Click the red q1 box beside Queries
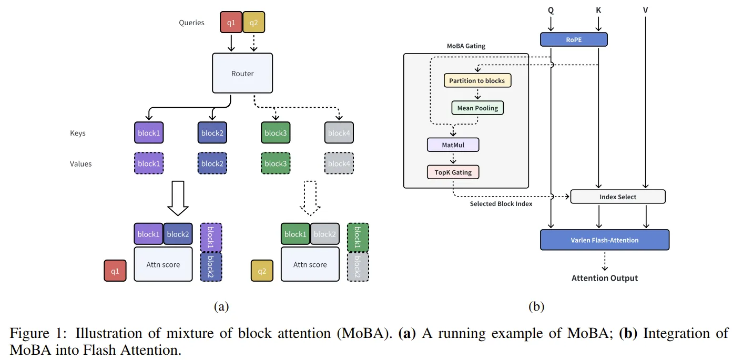231,23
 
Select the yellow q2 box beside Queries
254,23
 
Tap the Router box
242,74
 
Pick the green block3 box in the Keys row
275,133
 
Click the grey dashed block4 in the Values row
339,163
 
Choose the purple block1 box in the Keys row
149,133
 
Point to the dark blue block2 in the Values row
212,163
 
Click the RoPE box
573,39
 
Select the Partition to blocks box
477,80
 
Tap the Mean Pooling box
477,108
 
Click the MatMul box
453,144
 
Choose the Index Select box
618,197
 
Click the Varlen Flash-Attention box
605,240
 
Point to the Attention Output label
605,278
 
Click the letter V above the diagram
645,9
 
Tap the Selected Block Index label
501,203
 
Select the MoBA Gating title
466,46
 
